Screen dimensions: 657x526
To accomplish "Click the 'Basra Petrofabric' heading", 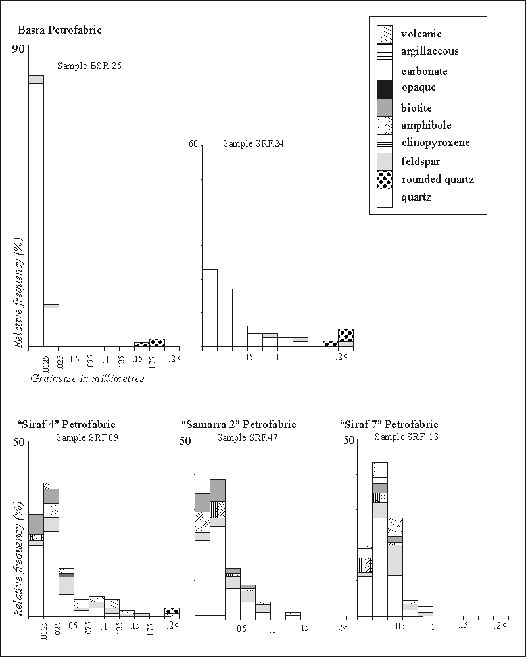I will [x=59, y=30].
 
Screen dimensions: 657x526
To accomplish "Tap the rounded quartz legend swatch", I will [x=384, y=179].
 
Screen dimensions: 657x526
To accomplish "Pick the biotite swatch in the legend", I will [x=384, y=107].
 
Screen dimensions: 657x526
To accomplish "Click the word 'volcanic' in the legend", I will [x=421, y=34].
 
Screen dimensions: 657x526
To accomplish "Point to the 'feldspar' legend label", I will [x=421, y=160].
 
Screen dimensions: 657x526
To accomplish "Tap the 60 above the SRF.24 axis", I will [x=193, y=144].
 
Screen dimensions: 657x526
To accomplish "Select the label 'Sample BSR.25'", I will [x=89, y=66].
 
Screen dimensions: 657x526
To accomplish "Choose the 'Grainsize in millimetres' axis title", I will [x=87, y=379].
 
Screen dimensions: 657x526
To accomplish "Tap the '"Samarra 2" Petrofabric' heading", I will [x=239, y=424].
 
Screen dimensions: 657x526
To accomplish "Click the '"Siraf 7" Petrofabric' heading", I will [x=389, y=424].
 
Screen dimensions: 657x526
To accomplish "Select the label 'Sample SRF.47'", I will [x=247, y=437].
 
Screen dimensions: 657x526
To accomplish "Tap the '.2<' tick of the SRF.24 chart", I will [x=342, y=356].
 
